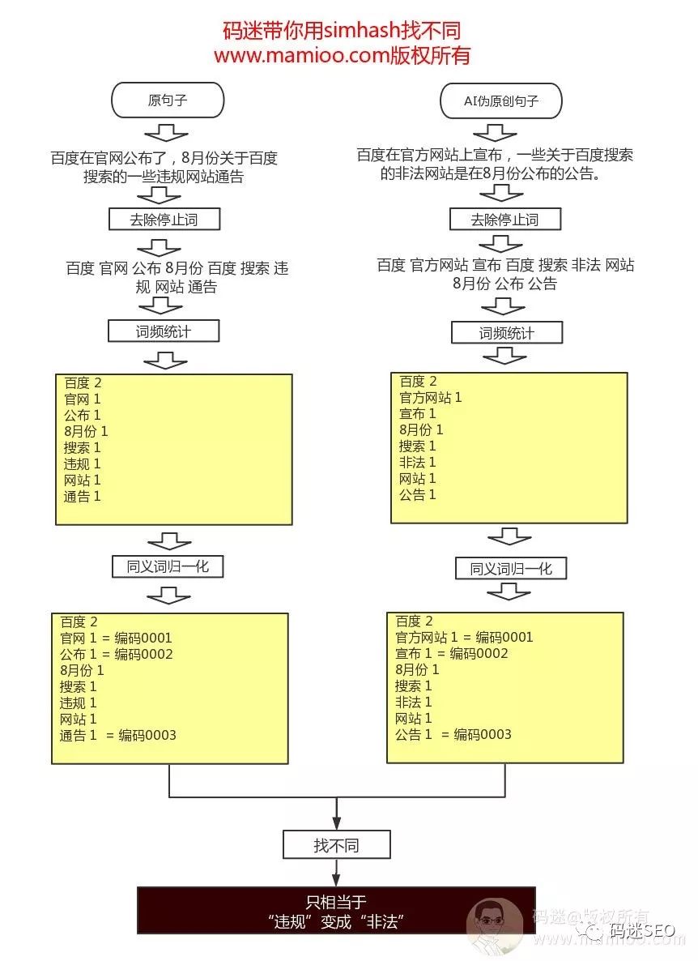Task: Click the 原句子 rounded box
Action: pos(167,101)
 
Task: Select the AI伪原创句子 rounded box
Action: pos(500,101)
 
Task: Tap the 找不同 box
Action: pos(336,846)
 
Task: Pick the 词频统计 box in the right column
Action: pos(506,333)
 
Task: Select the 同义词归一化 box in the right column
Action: pos(511,569)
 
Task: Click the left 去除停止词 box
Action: pos(164,219)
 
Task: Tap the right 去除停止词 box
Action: pos(505,219)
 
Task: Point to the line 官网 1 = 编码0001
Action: pos(117,638)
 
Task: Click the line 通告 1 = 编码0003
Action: pos(118,735)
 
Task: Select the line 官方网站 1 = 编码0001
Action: pos(464,638)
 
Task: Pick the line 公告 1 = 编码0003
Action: pos(453,735)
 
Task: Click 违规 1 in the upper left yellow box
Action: pos(82,464)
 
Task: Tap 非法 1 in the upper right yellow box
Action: pos(417,462)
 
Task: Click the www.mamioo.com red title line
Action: pos(342,56)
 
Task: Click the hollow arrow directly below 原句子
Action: pos(167,132)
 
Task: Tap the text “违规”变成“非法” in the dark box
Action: pos(336,922)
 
